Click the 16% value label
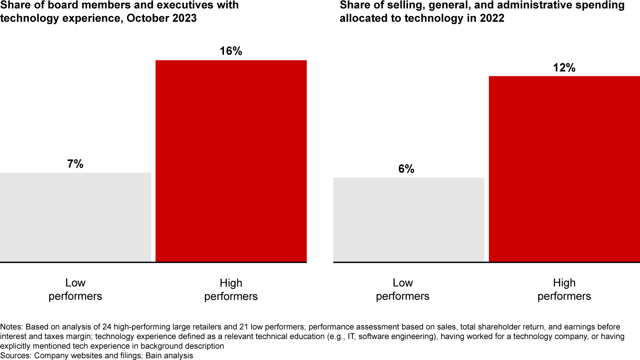[x=231, y=51]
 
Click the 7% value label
[x=75, y=164]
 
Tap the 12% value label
[x=564, y=68]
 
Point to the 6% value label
[x=406, y=169]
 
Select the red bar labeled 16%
[x=231, y=161]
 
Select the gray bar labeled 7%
[x=75, y=217]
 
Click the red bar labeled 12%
[x=564, y=169]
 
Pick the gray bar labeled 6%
[x=408, y=220]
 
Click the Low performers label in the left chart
[x=75, y=289]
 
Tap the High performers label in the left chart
[x=231, y=289]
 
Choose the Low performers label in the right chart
[x=403, y=289]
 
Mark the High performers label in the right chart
[x=564, y=289]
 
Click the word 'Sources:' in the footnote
[x=16, y=355]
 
